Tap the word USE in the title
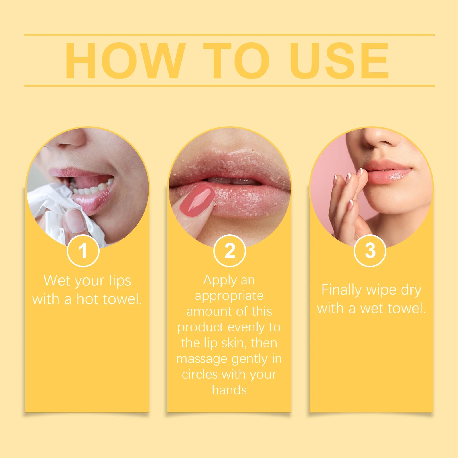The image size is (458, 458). [339, 61]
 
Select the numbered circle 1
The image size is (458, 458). [83, 251]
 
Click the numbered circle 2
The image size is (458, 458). [230, 251]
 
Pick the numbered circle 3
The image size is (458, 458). [370, 251]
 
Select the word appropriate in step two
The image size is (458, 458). [229, 296]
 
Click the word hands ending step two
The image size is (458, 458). [229, 390]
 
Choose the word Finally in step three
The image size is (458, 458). [342, 290]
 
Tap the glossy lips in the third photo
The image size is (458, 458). [389, 172]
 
